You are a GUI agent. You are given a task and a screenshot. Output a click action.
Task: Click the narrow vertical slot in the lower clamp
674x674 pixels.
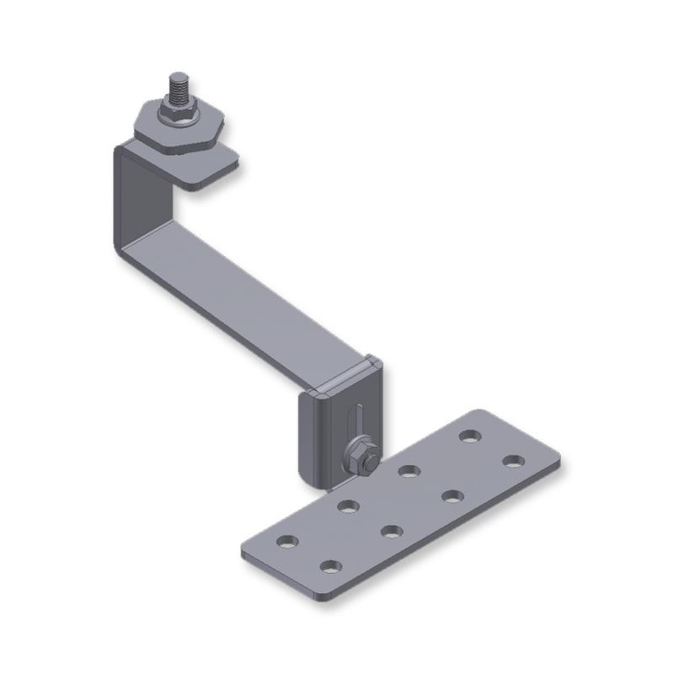click(358, 421)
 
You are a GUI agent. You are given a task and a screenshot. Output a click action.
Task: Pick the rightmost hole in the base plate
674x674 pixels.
click(513, 461)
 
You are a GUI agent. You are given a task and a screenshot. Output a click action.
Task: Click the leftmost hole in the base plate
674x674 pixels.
click(287, 541)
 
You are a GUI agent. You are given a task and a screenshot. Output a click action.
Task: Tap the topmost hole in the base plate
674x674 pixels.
click(470, 436)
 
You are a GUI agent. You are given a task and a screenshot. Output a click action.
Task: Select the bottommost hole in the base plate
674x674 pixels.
click(330, 566)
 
